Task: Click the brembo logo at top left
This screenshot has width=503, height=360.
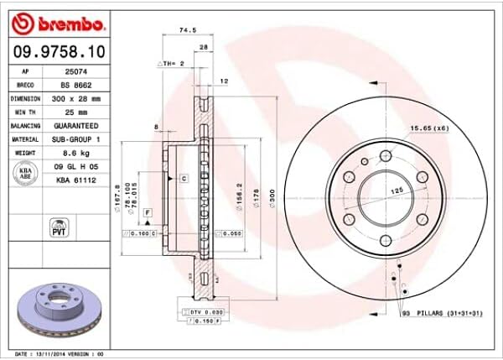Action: click(57, 21)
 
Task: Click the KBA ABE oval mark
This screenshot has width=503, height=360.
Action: click(25, 172)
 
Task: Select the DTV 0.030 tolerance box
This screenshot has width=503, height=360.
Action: click(199, 311)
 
